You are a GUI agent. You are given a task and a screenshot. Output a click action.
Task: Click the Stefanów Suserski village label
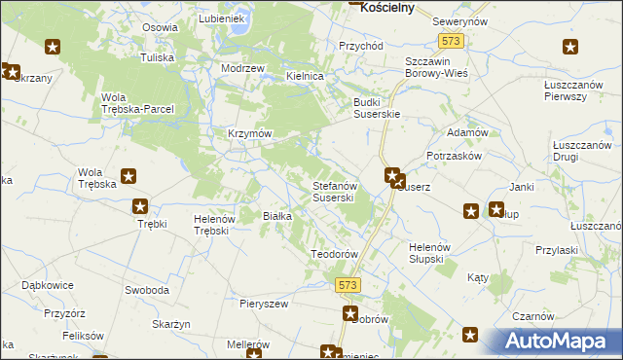tap(338, 191)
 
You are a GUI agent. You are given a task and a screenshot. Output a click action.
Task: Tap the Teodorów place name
tap(335, 253)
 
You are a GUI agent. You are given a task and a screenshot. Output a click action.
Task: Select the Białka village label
tap(278, 216)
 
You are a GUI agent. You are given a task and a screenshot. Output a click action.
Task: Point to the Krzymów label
tap(248, 133)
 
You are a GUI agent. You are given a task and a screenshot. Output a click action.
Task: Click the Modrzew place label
tap(242, 68)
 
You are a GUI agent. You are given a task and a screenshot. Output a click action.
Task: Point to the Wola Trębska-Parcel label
tap(137, 102)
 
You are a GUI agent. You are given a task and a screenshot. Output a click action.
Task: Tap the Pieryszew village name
tap(264, 304)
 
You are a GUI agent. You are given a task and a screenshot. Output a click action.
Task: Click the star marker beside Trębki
tap(140, 206)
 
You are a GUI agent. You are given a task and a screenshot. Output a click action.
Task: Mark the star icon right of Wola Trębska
tap(128, 177)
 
